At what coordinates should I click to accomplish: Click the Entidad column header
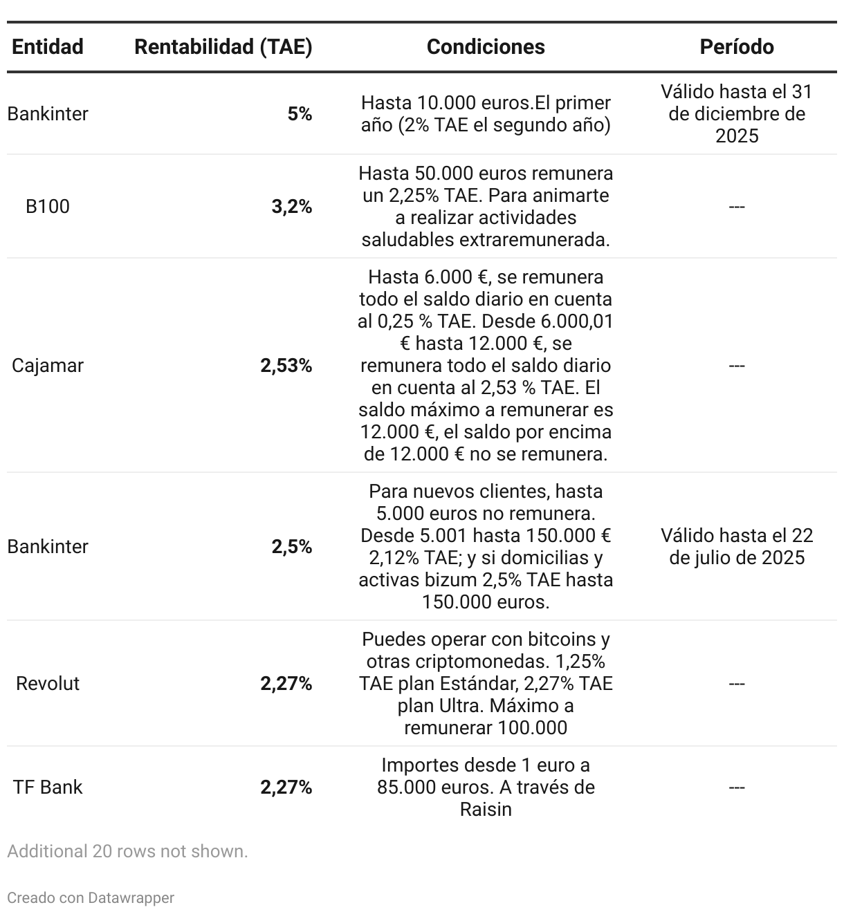point(48,46)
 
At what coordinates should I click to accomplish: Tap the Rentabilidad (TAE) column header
point(223,46)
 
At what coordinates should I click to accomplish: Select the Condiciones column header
point(486,46)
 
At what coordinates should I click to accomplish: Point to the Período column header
point(737,46)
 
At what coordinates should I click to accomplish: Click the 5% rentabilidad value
point(300,113)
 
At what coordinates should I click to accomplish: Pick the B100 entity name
point(48,206)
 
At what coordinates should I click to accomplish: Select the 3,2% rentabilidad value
point(291,206)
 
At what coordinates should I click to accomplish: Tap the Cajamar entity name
point(48,365)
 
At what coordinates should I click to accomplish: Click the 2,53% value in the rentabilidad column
point(286,365)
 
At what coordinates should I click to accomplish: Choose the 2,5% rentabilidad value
point(291,546)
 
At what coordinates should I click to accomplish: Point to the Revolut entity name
point(48,683)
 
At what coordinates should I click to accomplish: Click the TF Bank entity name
point(48,787)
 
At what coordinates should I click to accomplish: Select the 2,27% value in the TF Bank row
point(286,787)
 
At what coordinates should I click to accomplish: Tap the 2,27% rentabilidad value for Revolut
point(286,683)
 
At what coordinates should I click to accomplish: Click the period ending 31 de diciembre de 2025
point(737,113)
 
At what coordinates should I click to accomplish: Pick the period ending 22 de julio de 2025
point(737,546)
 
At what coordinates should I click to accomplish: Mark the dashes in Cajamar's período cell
point(737,365)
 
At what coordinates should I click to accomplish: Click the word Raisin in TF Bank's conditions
point(486,809)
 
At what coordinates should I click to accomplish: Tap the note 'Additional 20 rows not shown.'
point(127,851)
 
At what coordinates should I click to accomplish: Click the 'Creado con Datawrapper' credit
point(91,897)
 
